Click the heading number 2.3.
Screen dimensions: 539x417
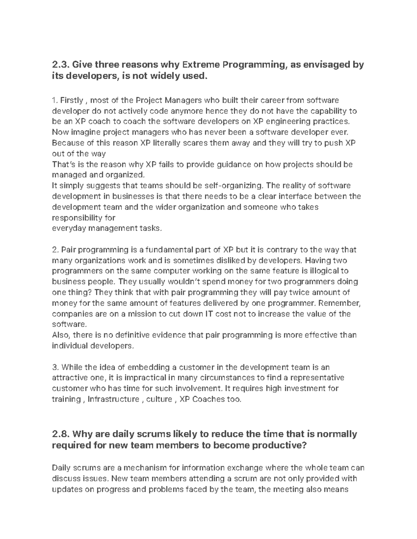[x=60, y=65]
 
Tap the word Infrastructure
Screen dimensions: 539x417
[x=113, y=399]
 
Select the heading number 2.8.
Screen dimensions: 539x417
[x=61, y=434]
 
